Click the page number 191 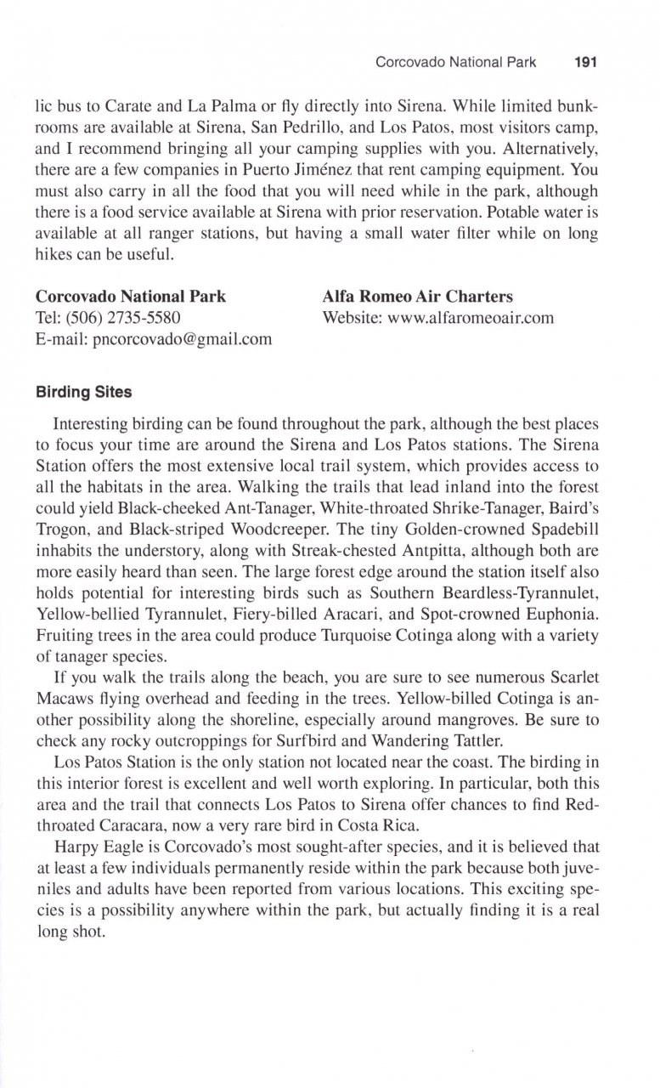[x=588, y=62]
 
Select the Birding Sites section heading [x=83, y=394]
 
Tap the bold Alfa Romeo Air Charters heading [x=418, y=297]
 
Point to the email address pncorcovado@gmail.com [x=153, y=339]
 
